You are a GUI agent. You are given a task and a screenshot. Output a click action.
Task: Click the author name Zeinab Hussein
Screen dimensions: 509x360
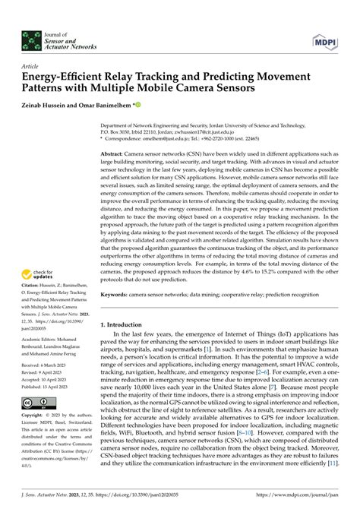tap(49, 106)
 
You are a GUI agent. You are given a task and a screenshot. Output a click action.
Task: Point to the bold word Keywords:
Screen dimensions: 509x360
tap(119, 292)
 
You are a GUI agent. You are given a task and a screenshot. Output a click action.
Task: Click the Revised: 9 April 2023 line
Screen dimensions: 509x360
tap(49, 394)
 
